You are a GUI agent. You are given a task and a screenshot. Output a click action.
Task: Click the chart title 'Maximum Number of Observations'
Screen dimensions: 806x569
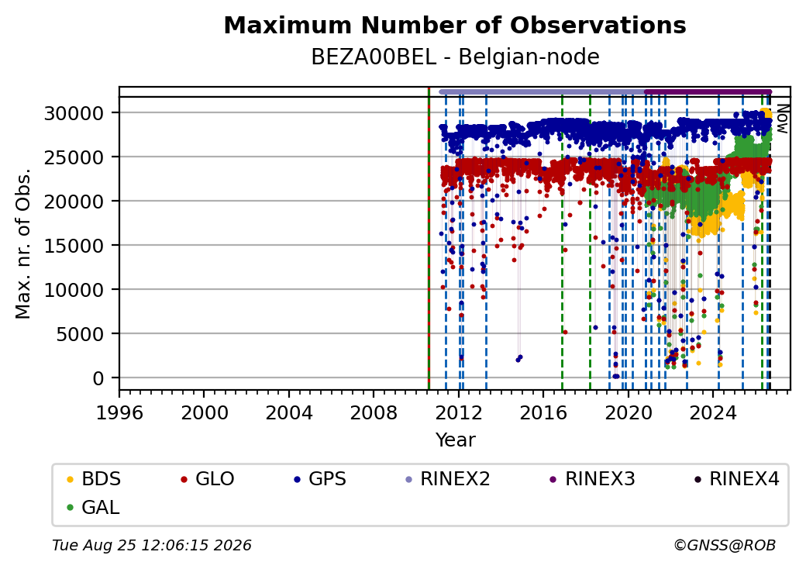click(x=455, y=25)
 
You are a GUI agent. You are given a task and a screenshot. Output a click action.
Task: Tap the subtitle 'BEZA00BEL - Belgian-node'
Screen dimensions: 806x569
click(x=455, y=57)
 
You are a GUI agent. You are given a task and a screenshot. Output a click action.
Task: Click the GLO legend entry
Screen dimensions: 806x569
click(x=208, y=479)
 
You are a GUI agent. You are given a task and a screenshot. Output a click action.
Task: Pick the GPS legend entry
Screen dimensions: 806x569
click(x=320, y=479)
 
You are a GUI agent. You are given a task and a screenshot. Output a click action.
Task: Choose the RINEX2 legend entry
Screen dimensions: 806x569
click(x=448, y=479)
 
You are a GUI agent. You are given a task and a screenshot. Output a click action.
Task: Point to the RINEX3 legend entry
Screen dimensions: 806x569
click(x=593, y=479)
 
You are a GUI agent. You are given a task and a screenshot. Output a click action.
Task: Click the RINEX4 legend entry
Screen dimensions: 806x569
click(x=736, y=479)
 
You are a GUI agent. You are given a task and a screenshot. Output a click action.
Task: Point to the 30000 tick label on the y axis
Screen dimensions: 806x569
click(x=74, y=113)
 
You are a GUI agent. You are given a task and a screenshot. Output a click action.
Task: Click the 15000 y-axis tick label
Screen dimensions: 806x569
click(x=74, y=246)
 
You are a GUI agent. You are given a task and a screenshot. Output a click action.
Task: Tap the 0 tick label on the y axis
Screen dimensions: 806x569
click(x=98, y=378)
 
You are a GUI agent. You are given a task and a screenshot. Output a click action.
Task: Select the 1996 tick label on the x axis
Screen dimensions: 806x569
click(x=119, y=412)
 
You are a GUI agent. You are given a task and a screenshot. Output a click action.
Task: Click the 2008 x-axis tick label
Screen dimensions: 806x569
click(x=374, y=412)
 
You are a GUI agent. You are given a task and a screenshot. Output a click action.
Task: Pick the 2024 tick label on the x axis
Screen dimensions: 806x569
click(x=713, y=412)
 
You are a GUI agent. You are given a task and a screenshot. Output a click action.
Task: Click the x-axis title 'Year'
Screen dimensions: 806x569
click(x=456, y=440)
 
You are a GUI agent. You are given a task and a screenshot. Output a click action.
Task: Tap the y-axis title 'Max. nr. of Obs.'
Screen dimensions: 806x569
click(x=23, y=243)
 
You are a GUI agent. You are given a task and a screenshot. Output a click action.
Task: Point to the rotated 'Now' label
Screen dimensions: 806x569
click(x=782, y=119)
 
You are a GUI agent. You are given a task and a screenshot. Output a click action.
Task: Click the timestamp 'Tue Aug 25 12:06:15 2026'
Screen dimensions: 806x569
click(x=152, y=545)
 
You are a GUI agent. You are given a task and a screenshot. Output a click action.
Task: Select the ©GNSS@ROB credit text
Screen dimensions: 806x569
click(x=725, y=545)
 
